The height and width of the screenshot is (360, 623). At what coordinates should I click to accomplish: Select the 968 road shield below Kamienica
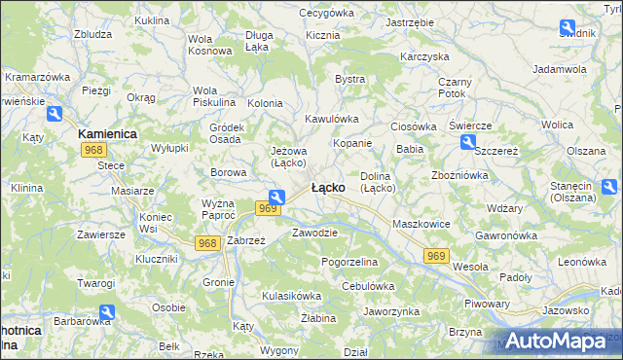93,150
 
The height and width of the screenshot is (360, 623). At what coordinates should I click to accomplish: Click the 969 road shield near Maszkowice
436,255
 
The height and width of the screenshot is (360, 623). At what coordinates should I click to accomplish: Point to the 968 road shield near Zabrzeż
206,242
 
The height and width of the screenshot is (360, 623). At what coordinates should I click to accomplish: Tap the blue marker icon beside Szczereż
468,143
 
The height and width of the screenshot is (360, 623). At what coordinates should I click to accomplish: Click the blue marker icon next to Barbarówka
107,313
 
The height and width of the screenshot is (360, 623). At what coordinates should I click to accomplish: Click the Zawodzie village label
314,233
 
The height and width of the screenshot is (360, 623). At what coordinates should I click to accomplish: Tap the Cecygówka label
326,13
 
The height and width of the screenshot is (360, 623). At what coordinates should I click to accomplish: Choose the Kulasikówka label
291,295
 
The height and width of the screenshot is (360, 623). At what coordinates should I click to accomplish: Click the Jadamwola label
560,70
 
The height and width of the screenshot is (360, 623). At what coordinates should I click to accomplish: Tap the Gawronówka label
507,235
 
